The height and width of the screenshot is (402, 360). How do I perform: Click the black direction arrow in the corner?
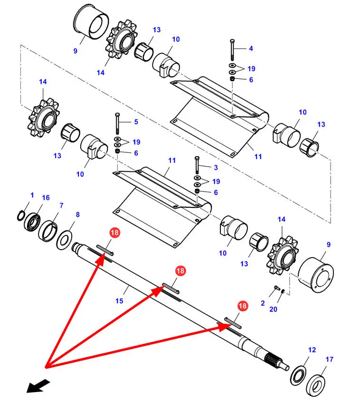[38, 386]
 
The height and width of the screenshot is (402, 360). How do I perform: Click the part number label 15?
[119, 301]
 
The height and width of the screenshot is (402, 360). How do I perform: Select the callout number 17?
[330, 359]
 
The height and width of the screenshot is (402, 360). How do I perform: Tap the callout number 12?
[312, 350]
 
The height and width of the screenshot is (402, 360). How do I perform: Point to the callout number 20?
[273, 309]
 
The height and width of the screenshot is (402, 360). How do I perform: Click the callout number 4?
[251, 48]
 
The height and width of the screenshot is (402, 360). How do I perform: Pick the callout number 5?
[136, 122]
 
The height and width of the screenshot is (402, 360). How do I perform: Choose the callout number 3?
[216, 168]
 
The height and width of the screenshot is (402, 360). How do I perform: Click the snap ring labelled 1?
[21, 215]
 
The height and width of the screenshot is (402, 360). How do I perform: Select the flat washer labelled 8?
[64, 240]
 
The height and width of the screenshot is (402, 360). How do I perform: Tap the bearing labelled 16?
[32, 222]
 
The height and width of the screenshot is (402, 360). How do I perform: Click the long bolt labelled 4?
[232, 50]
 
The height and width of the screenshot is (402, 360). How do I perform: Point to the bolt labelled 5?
[117, 123]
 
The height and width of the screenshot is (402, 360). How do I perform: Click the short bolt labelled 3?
[197, 165]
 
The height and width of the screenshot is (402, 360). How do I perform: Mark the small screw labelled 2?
[277, 288]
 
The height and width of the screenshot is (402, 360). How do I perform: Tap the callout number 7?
[61, 206]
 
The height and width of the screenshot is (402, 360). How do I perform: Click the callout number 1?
[32, 195]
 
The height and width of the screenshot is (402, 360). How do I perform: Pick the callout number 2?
[263, 303]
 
